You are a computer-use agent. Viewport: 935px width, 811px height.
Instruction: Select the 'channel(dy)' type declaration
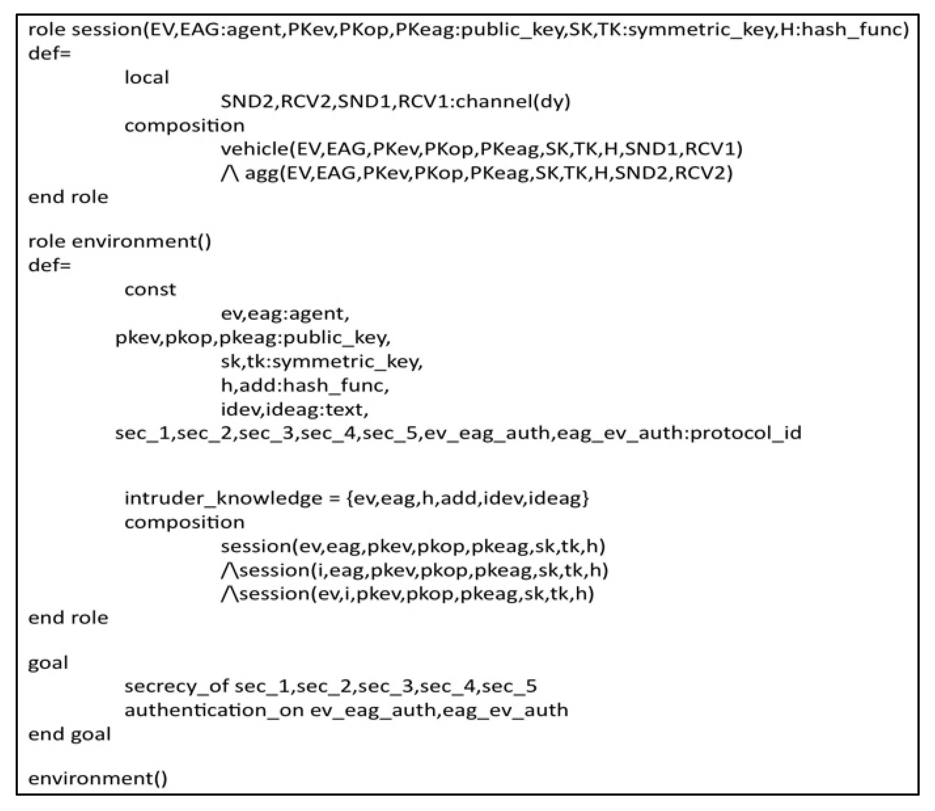click(512, 101)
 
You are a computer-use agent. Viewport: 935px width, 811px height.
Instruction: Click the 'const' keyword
click(150, 289)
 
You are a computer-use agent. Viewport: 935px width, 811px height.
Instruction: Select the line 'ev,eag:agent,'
click(285, 313)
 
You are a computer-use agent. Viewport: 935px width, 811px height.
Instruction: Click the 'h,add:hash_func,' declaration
click(305, 385)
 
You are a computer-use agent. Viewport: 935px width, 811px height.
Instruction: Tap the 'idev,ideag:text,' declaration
click(295, 410)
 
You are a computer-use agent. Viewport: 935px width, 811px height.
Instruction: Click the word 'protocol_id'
click(746, 433)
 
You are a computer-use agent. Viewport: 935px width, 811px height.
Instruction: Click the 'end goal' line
click(69, 734)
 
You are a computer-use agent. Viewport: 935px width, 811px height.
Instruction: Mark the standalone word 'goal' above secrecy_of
click(48, 663)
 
